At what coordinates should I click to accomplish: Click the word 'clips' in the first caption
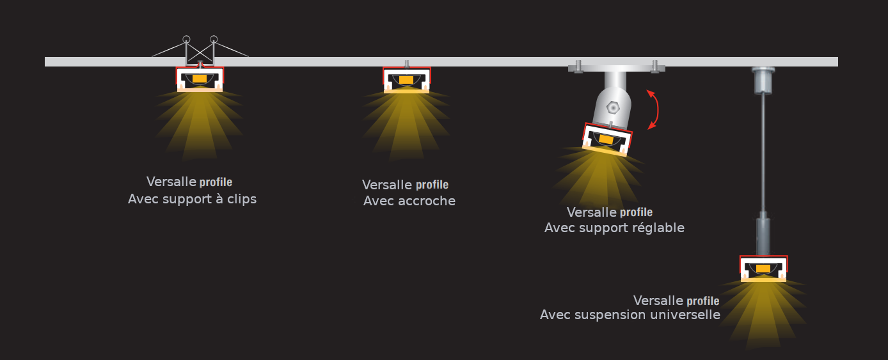coord(242,199)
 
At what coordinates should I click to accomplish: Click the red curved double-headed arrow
coord(654,110)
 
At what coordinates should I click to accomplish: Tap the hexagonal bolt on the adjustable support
coord(613,107)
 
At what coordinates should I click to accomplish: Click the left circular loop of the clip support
coord(186,40)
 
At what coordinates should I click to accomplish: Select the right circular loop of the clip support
coord(214,40)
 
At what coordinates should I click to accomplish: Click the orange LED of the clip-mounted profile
coord(200,79)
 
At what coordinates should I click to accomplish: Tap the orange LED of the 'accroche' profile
coord(406,80)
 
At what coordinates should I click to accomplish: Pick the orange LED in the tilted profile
coord(605,139)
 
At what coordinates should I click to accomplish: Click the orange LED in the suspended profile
coord(763,269)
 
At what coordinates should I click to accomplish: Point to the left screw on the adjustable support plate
coord(578,67)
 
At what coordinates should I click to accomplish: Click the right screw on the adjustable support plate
coord(655,67)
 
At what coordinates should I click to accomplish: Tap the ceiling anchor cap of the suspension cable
coord(763,81)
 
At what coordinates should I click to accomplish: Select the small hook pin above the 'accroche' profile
coord(406,64)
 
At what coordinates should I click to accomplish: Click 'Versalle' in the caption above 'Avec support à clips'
coord(171,182)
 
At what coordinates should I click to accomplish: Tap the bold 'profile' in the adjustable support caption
coord(637,213)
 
